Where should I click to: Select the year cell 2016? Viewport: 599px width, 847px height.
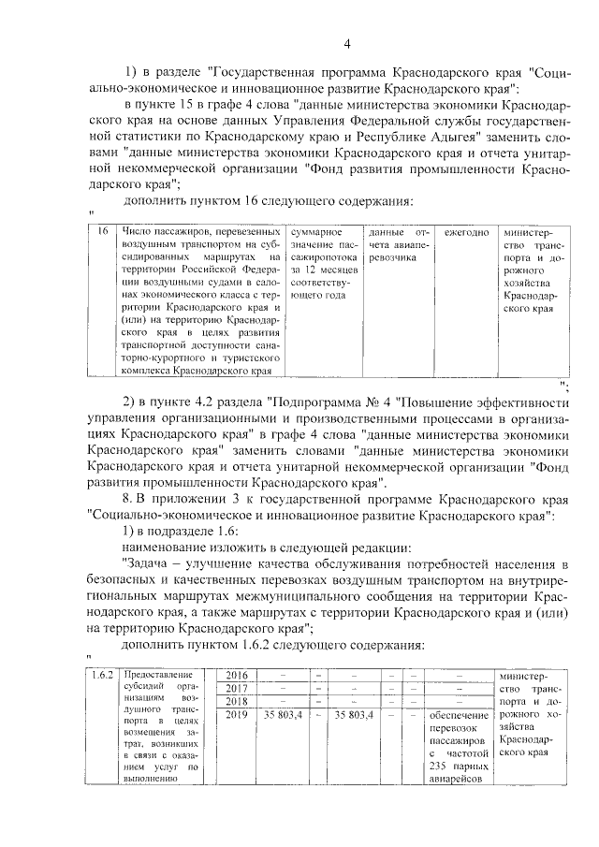click(x=237, y=676)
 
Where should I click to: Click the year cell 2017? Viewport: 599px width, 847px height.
click(x=237, y=689)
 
